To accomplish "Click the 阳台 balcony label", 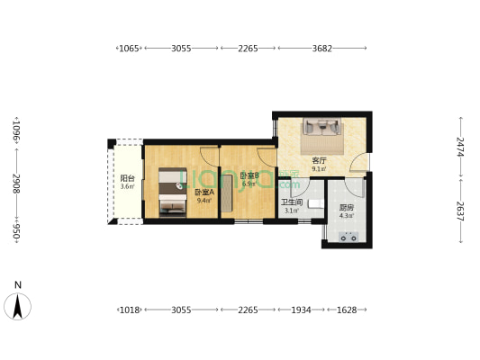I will click(127, 178).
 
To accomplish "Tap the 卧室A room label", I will click(203, 192).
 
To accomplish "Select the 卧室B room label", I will click(249, 175).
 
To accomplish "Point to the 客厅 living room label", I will click(319, 160).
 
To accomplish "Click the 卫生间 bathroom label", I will click(290, 203).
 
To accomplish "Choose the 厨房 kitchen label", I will click(347, 207).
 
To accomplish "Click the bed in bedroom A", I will click(170, 192).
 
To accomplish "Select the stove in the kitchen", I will click(348, 238).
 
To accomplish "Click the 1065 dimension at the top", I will click(130, 49).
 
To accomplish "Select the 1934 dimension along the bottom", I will click(300, 310).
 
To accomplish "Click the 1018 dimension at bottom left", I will click(130, 310).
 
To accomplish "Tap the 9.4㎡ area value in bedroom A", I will click(203, 201).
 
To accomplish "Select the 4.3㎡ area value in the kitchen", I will click(347, 215).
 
